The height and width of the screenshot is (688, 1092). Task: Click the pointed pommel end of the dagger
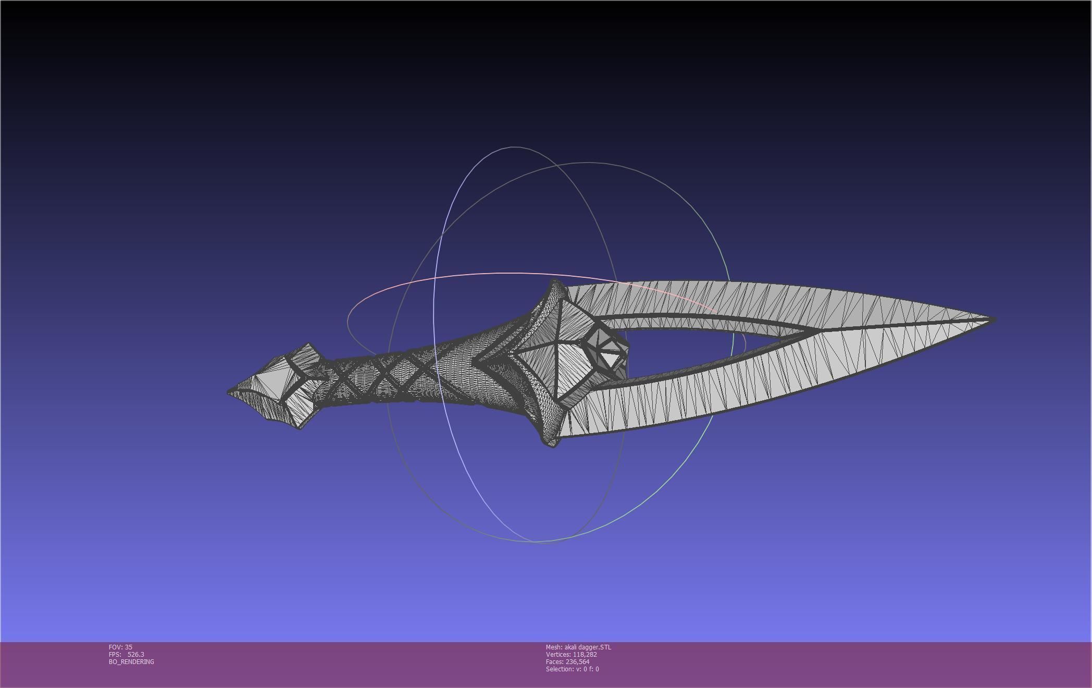[230, 391]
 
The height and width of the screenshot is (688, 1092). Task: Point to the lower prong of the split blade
[729, 396]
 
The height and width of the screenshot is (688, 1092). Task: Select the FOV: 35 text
[120, 647]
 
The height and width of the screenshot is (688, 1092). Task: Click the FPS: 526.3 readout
[127, 655]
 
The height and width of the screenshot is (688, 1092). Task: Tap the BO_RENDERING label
[131, 662]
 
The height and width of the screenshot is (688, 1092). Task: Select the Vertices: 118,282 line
[571, 655]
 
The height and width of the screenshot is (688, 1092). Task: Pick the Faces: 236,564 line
[567, 662]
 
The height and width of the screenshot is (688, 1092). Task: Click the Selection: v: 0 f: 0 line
[572, 669]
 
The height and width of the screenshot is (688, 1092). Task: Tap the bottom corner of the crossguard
[552, 445]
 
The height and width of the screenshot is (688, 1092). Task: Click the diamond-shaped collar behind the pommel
[305, 386]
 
